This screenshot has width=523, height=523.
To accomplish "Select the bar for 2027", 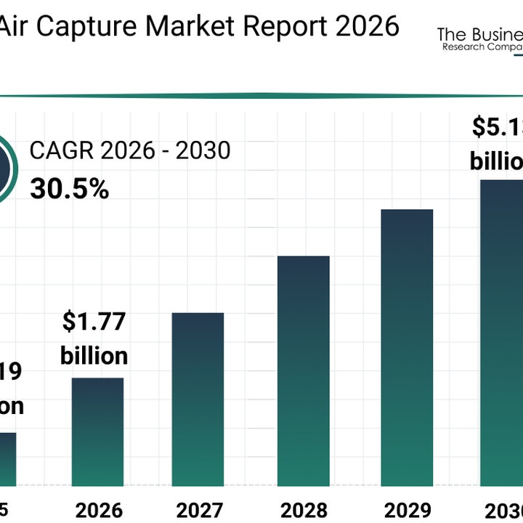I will tap(198, 399).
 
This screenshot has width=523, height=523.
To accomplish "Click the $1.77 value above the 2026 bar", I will tap(94, 323).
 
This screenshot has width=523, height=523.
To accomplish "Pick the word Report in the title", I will tap(287, 26).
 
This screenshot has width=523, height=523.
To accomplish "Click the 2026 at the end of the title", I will tap(368, 26).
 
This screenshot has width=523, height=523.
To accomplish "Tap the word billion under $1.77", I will tap(94, 356).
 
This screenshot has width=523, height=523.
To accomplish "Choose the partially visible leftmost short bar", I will tap(7, 458).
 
